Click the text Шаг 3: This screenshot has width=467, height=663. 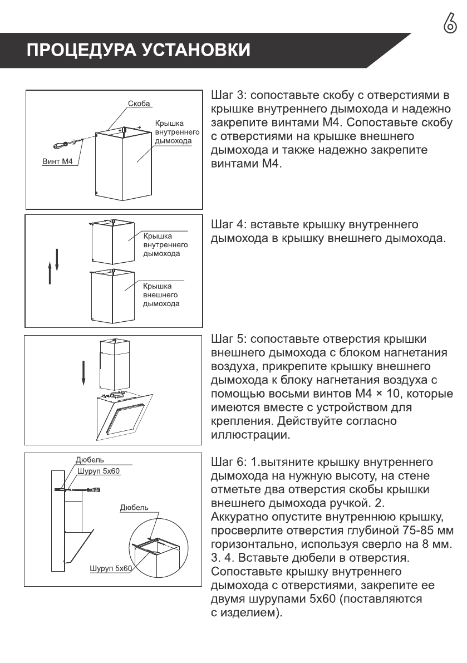click(x=228, y=95)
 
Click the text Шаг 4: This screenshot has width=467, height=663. click(x=228, y=225)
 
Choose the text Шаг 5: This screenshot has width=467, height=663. click(x=228, y=340)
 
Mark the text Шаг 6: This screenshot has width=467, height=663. click(x=228, y=463)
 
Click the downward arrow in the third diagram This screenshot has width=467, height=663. click(x=83, y=372)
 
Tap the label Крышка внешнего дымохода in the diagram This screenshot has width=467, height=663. click(x=160, y=294)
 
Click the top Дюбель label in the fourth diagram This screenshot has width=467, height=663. click(x=90, y=460)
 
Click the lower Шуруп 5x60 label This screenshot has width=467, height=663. click(x=111, y=568)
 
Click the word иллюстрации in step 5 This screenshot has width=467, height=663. click(x=250, y=435)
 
